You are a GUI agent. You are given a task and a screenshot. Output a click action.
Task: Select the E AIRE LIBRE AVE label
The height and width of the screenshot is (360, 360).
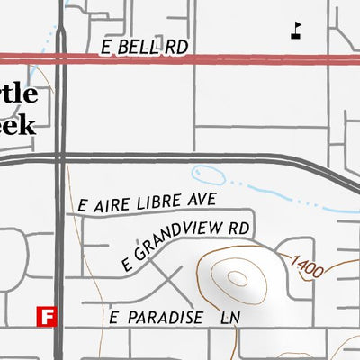coord(148,199)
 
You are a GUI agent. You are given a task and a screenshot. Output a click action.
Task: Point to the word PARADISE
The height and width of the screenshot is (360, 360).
coord(162,319)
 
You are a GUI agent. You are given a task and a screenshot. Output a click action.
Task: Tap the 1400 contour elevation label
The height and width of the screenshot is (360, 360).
coord(307,265)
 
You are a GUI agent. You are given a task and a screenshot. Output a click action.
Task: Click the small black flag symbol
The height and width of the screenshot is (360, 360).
coord(296,31)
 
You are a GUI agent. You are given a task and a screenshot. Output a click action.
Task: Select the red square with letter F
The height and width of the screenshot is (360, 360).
coord(46,316)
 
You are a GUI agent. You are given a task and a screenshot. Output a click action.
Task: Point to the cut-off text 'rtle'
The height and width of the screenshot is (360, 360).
coord(18,95)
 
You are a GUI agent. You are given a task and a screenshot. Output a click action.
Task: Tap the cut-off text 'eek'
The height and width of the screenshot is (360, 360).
coord(18,124)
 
